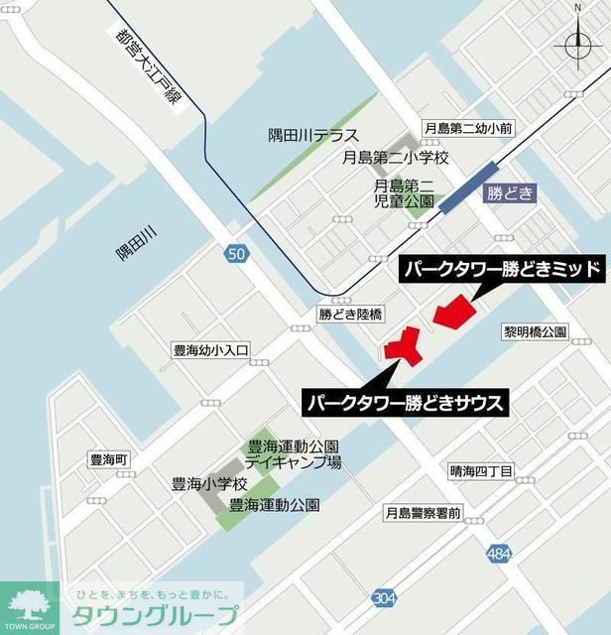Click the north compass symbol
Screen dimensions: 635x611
(x=576, y=43)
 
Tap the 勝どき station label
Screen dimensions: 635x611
(x=510, y=194)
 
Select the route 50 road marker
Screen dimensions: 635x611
(x=235, y=255)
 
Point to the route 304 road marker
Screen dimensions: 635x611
(x=385, y=596)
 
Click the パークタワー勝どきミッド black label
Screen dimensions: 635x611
(x=501, y=269)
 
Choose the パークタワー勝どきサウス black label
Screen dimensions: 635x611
(x=406, y=404)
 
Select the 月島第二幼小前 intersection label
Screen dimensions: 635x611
(x=467, y=128)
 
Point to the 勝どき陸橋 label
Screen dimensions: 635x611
(x=350, y=313)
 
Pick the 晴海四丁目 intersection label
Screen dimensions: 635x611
(x=480, y=471)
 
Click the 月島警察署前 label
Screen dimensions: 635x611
(x=424, y=513)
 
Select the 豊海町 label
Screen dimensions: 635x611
(x=110, y=461)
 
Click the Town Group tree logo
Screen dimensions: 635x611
(x=29, y=606)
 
